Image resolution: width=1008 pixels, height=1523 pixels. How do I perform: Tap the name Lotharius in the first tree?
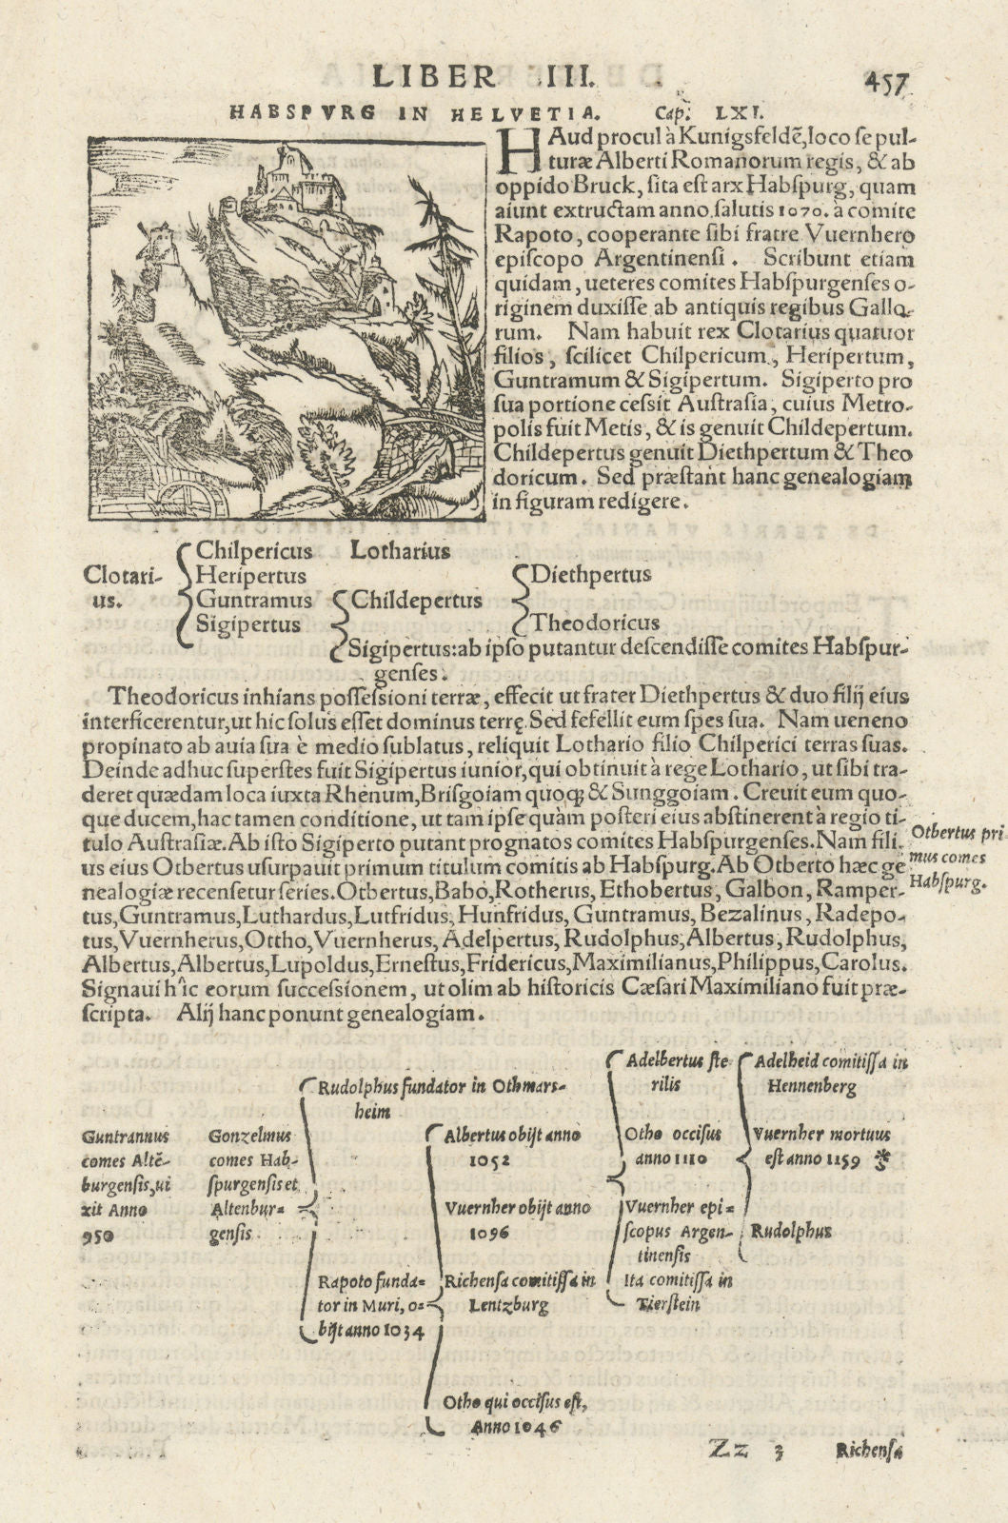click(x=401, y=550)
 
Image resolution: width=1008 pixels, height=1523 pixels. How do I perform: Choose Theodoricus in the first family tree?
click(x=595, y=623)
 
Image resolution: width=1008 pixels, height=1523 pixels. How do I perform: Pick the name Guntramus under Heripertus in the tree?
click(x=254, y=601)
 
